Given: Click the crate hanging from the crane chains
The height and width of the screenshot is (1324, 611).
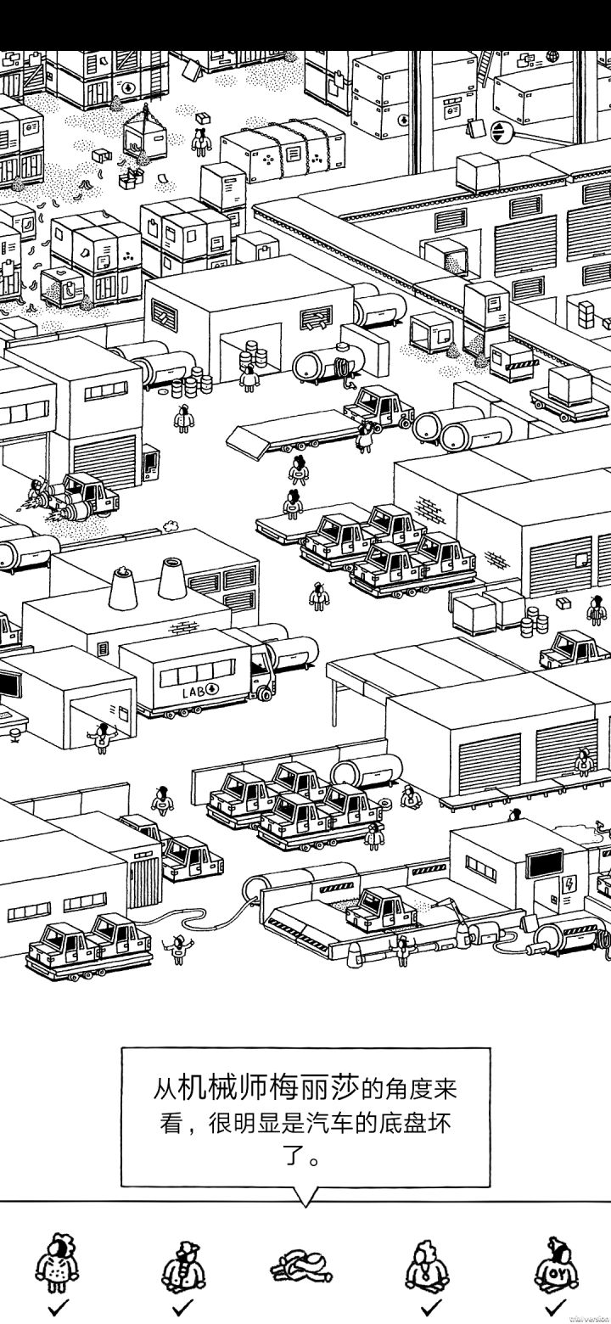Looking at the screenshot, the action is click(x=145, y=137).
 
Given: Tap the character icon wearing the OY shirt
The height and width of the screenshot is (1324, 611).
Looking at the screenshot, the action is click(x=556, y=1265).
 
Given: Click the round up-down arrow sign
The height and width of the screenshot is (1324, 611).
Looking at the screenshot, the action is click(x=499, y=132).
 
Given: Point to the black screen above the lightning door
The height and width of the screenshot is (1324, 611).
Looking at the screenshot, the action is click(x=544, y=865).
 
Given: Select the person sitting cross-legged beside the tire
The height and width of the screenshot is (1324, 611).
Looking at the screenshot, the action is click(x=410, y=796).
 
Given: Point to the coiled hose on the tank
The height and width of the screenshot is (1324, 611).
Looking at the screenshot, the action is click(x=342, y=367).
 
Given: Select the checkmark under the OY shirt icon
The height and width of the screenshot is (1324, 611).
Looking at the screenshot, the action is click(x=554, y=1306).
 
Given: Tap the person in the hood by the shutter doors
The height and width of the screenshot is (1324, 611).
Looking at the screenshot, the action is click(x=584, y=762).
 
